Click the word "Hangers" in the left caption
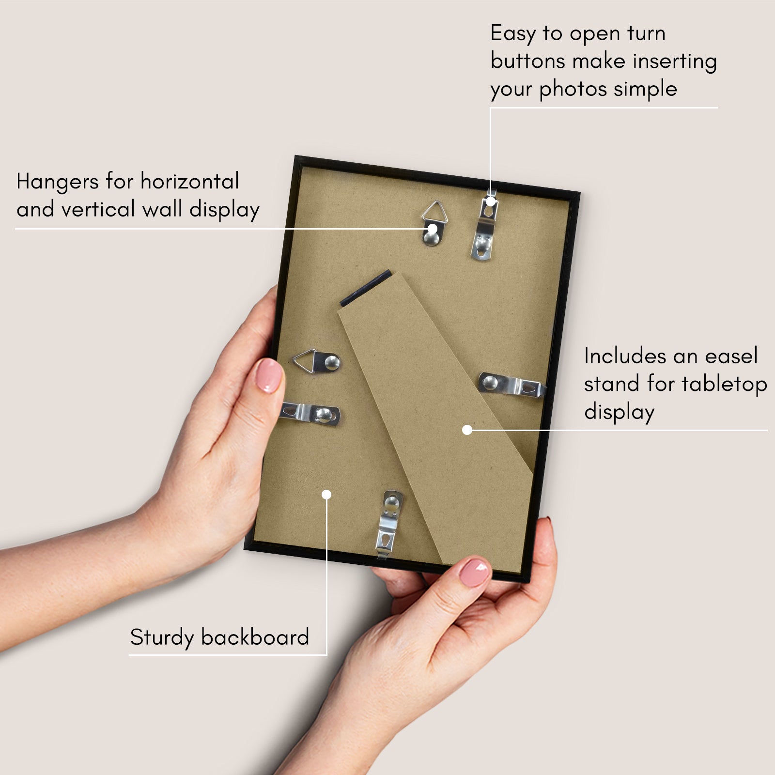[58, 182]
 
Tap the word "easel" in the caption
[731, 356]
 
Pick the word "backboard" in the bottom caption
[255, 637]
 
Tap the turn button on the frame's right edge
[512, 385]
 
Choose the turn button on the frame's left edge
[310, 415]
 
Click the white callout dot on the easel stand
[467, 430]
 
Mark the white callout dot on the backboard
[326, 495]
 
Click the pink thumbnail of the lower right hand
[474, 572]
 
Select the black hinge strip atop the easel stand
[366, 288]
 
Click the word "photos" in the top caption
[573, 89]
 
